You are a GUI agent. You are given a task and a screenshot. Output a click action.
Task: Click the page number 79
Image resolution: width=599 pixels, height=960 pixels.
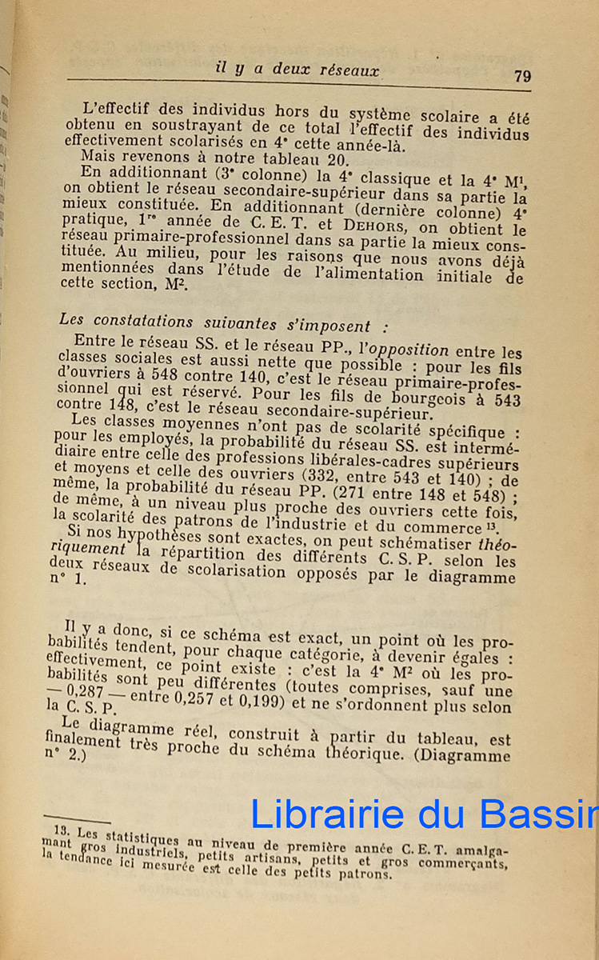(x=522, y=76)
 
